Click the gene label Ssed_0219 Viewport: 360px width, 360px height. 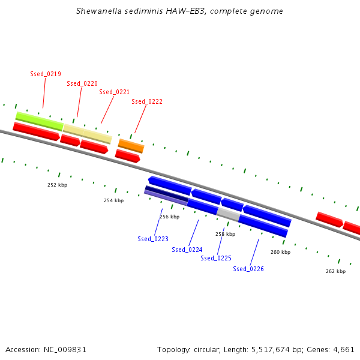tap(46, 74)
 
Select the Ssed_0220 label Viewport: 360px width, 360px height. tap(82, 83)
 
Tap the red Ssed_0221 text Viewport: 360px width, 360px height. tap(115, 92)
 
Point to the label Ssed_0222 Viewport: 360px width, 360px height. tap(147, 102)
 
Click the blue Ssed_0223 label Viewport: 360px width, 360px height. tap(153, 239)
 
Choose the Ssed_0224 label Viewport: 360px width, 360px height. tap(187, 250)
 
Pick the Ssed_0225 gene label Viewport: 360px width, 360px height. tap(216, 258)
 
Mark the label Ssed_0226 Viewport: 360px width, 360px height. tap(248, 269)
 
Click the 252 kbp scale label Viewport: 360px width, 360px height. tap(58, 185)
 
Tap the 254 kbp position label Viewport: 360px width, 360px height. tap(113, 200)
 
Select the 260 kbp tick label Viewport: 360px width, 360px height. tap(281, 252)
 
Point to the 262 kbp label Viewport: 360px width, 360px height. tap(335, 271)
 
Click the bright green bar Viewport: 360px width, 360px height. tap(40, 121)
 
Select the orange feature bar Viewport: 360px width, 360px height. tap(131, 146)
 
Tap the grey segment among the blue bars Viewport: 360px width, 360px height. tap(229, 214)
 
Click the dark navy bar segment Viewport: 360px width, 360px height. tap(167, 194)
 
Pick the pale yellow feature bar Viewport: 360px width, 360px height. tap(88, 134)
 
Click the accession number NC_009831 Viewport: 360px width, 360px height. tap(65, 350)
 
